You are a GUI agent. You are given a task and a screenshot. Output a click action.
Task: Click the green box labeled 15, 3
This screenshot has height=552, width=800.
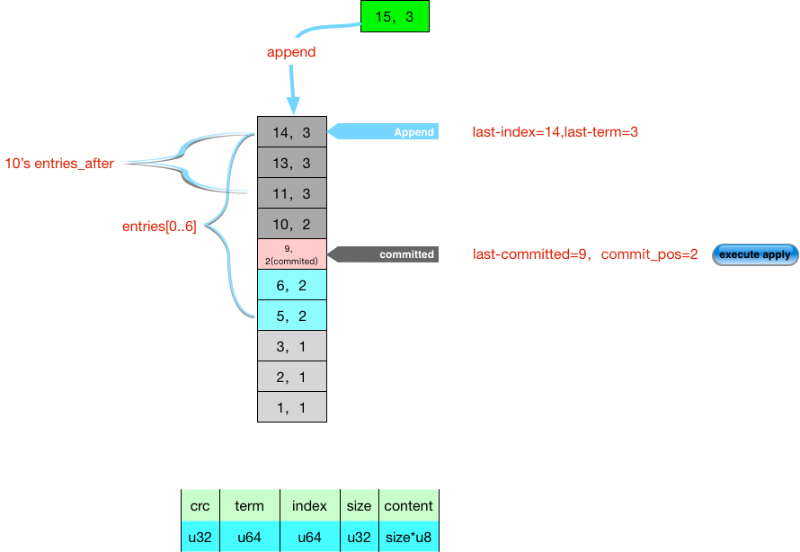click(x=395, y=16)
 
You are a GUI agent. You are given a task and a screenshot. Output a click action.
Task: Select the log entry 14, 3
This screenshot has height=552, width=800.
click(x=292, y=132)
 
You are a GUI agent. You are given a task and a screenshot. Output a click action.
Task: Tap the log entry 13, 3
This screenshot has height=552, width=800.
click(x=292, y=163)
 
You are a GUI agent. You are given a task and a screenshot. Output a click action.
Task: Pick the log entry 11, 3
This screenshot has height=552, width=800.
click(x=292, y=193)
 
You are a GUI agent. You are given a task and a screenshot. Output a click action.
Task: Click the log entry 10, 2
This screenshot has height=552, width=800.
click(x=292, y=224)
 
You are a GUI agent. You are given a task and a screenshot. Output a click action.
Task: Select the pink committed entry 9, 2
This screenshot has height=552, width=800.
click(x=292, y=254)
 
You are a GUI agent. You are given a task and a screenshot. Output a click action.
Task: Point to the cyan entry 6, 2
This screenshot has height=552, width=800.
click(x=292, y=285)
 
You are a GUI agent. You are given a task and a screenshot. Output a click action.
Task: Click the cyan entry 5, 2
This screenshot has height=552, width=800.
click(x=292, y=316)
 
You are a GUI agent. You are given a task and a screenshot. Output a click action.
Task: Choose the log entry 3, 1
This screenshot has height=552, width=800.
click(x=292, y=346)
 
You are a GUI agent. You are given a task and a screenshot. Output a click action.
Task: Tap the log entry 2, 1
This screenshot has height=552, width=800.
click(x=292, y=377)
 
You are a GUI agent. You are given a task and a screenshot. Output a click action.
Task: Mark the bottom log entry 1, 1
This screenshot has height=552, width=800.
click(x=292, y=407)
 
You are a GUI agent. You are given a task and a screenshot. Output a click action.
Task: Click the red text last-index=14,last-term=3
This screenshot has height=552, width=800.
click(x=556, y=132)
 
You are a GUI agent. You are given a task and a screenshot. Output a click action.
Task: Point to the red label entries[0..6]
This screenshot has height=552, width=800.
click(x=159, y=227)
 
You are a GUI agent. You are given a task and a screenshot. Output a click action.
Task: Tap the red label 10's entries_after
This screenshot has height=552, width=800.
click(x=58, y=164)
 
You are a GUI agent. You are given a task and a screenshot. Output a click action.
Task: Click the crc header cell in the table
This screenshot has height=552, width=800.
click(x=200, y=506)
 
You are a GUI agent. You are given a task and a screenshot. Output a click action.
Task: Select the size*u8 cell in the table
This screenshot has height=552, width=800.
click(x=409, y=537)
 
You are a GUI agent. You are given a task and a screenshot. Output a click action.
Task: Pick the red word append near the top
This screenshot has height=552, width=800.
click(x=291, y=52)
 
